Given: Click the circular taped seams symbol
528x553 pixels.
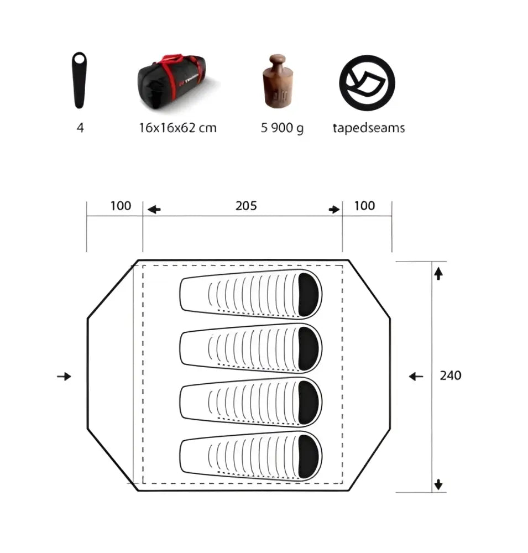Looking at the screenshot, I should pos(368,81).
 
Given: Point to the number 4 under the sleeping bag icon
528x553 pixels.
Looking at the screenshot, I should pos(81,128).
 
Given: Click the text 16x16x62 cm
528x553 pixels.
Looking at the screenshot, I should pos(177,128).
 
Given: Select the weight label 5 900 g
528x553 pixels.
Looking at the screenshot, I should pos(282,128).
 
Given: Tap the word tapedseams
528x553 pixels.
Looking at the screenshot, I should pos(368,128).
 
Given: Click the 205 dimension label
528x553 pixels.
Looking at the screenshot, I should pos(246,206).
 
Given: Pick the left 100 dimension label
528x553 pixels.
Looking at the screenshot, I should pos(121,206).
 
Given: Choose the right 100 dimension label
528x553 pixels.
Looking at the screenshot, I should pos(364,206).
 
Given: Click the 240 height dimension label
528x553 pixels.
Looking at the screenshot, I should pos(451,375).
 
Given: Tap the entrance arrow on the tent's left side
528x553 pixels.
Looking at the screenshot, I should pos(65,377).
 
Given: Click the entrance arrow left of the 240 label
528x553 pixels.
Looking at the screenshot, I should pos(416,377).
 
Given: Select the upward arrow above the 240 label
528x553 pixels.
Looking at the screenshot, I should pos(438,273).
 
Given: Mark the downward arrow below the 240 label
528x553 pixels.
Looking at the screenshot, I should pos(438,484).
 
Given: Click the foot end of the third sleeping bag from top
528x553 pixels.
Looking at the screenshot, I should pos(191,403).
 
